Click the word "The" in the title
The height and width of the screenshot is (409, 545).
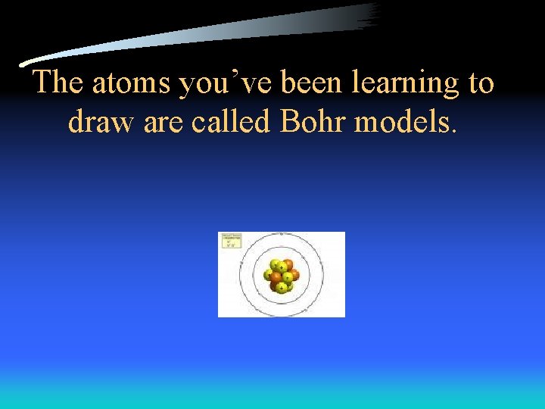(58, 83)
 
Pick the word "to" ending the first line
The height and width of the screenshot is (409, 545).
(481, 83)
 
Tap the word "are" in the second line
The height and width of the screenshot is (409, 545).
(163, 121)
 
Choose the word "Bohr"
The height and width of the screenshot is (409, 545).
(311, 121)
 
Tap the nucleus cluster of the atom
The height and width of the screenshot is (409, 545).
(282, 276)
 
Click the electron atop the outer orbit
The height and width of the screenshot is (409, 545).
(282, 234)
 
